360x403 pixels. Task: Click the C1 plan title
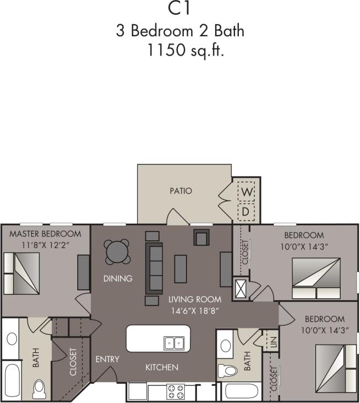(x=180, y=9)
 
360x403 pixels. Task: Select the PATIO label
(x=181, y=191)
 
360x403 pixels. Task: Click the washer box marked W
(x=246, y=192)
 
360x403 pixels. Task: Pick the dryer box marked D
(x=246, y=211)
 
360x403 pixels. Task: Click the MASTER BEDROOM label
(x=45, y=234)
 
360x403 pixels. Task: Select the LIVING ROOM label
(x=195, y=300)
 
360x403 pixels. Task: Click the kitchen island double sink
(x=173, y=343)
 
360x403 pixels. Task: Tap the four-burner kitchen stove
(x=175, y=392)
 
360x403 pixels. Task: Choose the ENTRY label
(x=107, y=360)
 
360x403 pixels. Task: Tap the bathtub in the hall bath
(x=241, y=393)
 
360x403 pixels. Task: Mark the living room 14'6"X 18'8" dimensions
(x=195, y=310)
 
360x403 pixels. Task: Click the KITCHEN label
(x=161, y=367)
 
